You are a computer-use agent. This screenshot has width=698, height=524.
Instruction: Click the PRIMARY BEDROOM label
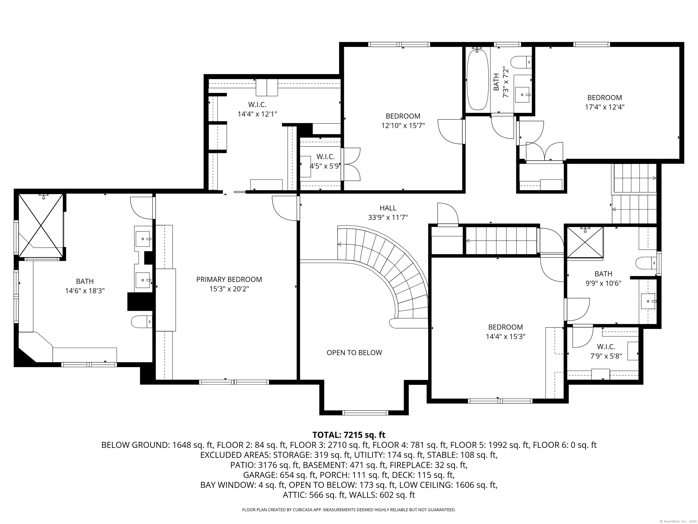(x=229, y=280)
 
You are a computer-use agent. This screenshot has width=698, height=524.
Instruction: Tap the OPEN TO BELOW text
(x=354, y=353)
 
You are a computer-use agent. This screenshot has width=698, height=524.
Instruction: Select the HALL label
(x=388, y=208)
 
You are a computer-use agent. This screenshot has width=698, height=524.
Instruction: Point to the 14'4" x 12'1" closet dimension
(x=257, y=114)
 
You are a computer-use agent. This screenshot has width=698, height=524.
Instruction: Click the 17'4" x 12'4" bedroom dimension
(x=605, y=107)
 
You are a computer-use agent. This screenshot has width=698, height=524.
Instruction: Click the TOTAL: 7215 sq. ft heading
(x=349, y=435)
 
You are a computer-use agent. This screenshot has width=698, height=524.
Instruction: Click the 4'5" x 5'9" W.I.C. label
(x=325, y=161)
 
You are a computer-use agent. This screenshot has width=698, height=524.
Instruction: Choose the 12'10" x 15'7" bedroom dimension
(x=403, y=126)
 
